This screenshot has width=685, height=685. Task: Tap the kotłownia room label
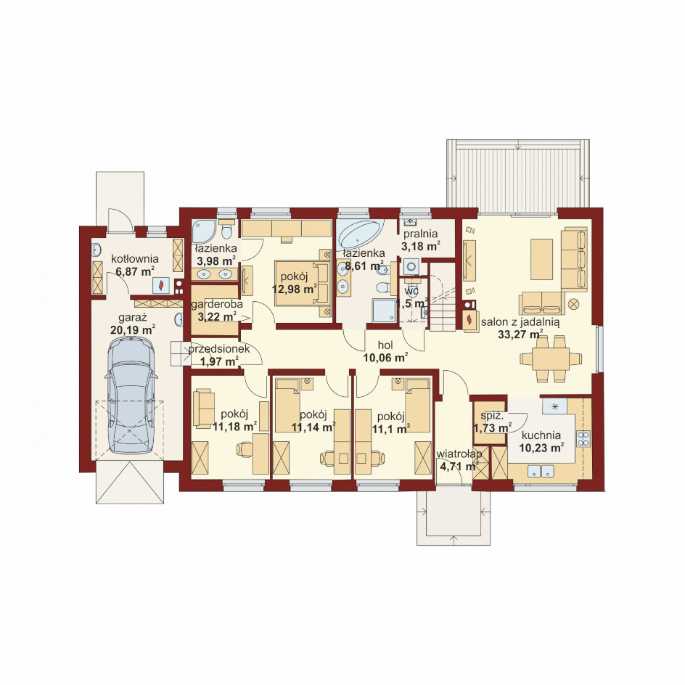(x=134, y=258)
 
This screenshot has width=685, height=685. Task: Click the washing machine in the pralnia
(x=411, y=266)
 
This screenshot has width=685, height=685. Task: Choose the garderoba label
(x=217, y=304)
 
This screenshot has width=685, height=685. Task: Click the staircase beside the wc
(x=443, y=297)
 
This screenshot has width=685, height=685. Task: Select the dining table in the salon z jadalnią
(x=551, y=358)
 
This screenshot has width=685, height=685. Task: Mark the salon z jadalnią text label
(x=520, y=322)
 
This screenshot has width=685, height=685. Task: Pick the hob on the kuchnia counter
(x=583, y=438)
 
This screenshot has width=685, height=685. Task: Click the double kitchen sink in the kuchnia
(x=541, y=471)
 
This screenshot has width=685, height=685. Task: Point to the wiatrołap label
(x=459, y=454)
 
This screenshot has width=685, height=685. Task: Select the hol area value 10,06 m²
(x=386, y=358)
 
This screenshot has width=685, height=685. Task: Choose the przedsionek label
(x=219, y=348)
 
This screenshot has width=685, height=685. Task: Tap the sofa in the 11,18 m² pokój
(x=204, y=408)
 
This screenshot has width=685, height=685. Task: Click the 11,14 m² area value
(x=313, y=427)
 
